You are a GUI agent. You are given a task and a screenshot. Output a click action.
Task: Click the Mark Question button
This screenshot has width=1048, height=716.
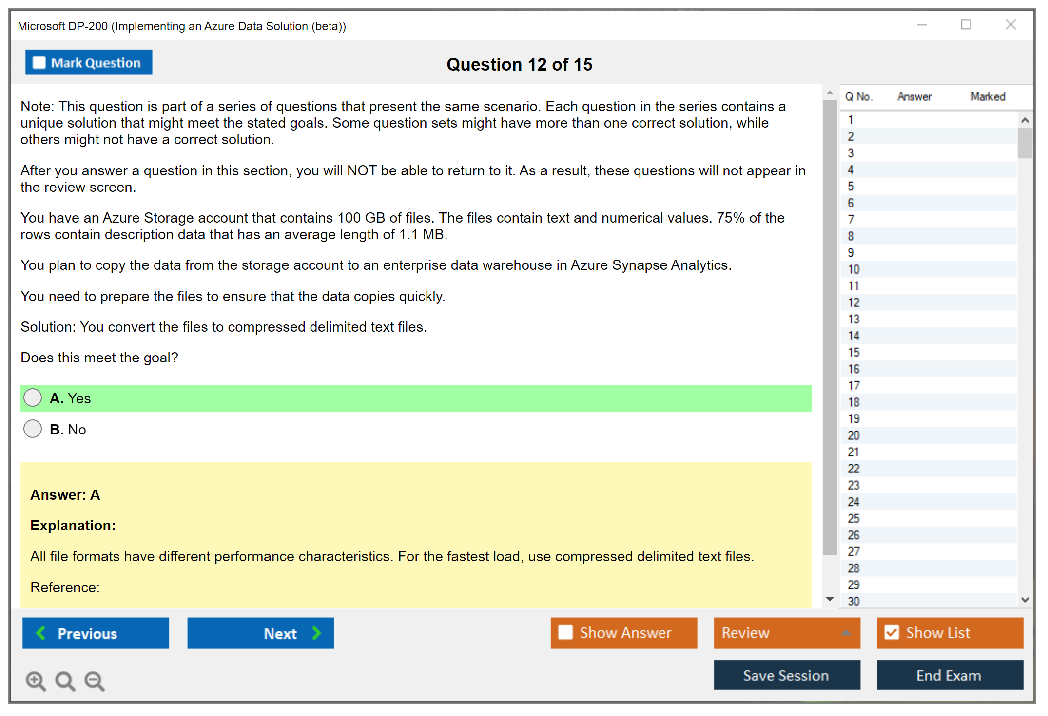[x=89, y=62]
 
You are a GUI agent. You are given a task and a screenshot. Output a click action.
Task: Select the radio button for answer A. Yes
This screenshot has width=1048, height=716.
[x=33, y=397]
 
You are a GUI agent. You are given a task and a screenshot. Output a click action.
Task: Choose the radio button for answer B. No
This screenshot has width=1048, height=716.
[x=33, y=429]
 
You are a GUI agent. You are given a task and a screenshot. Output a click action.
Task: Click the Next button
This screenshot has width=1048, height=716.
[x=261, y=633]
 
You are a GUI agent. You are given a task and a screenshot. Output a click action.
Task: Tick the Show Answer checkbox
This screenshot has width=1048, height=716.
[x=565, y=632]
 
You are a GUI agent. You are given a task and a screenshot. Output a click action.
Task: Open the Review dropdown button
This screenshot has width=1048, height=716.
[x=787, y=633]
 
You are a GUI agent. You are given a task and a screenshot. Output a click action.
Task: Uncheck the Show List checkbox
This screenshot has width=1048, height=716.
[x=892, y=632]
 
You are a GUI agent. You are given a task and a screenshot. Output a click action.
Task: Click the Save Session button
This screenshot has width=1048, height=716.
[x=787, y=675]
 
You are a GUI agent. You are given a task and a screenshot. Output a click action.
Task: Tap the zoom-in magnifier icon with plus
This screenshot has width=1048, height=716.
[x=36, y=680]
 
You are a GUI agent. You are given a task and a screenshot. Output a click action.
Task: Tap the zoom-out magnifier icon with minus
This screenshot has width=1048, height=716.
[x=95, y=680]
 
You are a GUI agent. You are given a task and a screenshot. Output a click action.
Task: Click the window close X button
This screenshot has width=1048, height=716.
[x=1010, y=24]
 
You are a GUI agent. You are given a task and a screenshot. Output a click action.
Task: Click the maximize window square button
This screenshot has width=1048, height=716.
[x=966, y=24]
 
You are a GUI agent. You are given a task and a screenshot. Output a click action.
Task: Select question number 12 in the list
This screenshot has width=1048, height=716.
[x=854, y=302]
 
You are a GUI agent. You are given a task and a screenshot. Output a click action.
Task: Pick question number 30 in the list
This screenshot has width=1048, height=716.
[x=854, y=601]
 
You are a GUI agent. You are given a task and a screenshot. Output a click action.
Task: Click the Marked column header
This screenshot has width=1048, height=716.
[x=988, y=96]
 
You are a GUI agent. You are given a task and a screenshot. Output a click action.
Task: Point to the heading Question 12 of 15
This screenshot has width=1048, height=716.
[x=519, y=64]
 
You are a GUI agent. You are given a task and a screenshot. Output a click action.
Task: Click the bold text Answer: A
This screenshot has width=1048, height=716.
[x=65, y=494]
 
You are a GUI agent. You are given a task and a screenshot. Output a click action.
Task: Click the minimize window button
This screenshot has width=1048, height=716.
[x=922, y=25]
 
